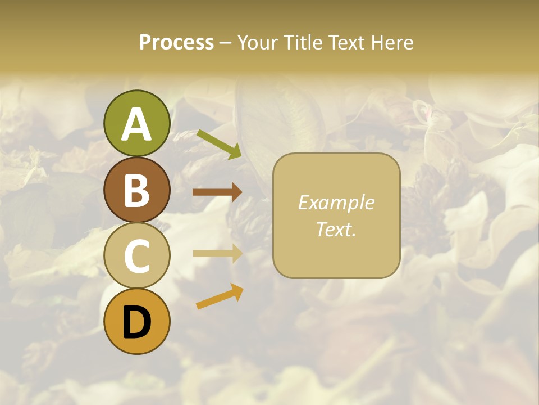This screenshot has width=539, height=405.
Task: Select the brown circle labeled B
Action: (136, 190)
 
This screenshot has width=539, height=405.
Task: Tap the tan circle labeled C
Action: (136, 256)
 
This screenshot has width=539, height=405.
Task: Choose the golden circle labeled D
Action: (136, 321)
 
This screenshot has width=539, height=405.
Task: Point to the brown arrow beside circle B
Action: (217, 192)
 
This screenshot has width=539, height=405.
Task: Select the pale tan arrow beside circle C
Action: (217, 254)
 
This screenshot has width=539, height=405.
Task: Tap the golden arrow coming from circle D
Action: (220, 296)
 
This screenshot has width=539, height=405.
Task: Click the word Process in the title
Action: (176, 42)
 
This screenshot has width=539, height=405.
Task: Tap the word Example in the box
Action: (336, 202)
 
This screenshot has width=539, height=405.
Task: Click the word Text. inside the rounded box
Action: (336, 229)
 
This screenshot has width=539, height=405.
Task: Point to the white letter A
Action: (136, 125)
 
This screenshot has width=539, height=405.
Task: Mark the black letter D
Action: (136, 323)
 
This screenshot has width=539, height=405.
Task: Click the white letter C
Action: (136, 257)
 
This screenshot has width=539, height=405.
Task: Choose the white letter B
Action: (136, 191)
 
